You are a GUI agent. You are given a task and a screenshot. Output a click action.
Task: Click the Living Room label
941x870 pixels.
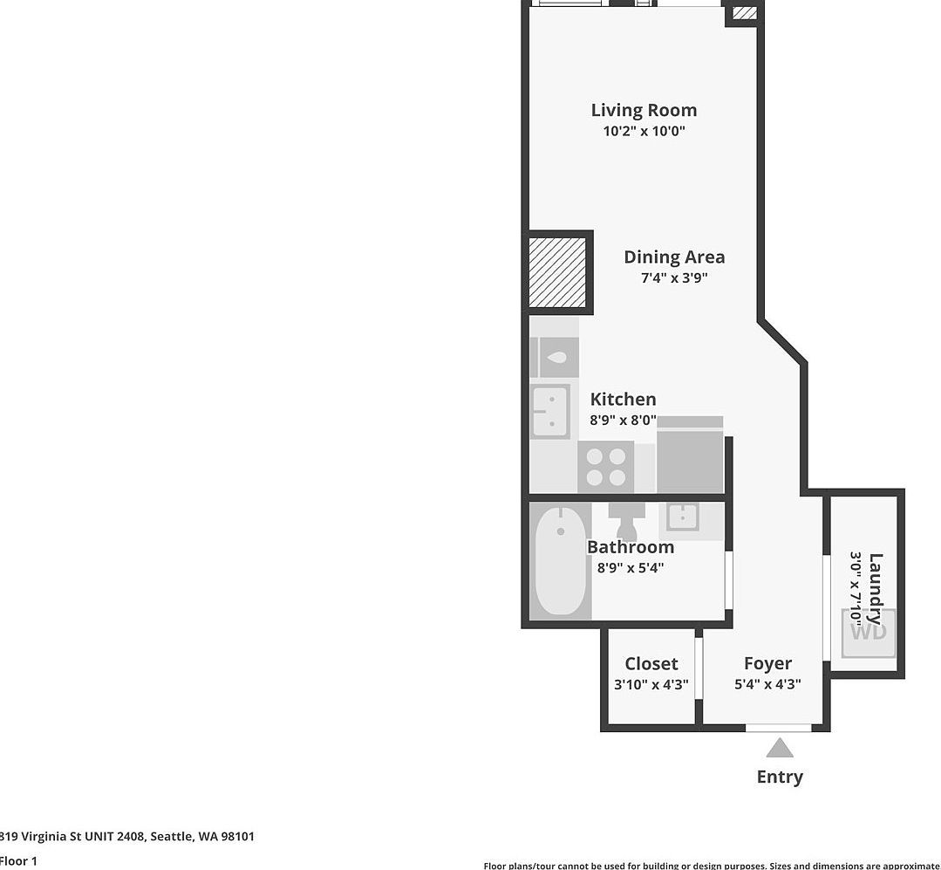coord(644,110)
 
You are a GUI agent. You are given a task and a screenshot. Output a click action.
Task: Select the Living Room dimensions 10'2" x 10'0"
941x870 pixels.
coord(644,132)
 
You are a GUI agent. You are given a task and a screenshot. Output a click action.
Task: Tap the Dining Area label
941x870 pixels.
coord(674,257)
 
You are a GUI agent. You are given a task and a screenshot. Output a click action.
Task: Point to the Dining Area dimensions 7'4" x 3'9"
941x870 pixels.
coord(674,278)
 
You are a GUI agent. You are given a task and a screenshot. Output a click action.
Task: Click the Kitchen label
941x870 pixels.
coord(623,399)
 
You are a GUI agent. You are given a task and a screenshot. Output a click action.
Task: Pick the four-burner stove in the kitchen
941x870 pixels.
coord(605,467)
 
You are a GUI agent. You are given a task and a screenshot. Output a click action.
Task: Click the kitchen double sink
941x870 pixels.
coord(550,412)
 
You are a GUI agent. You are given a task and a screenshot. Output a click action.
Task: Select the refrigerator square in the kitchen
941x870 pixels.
coord(690,459)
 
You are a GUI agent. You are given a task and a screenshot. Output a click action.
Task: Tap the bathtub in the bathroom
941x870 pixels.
coord(560,561)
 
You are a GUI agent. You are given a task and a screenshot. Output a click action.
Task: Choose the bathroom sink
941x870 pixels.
coord(681,517)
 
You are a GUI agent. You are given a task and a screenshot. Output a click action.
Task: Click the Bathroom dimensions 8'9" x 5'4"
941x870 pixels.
coord(631,568)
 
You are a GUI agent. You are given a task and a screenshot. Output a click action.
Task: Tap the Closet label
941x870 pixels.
coord(651,664)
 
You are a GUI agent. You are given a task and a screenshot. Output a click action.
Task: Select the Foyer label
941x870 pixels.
coord(767,663)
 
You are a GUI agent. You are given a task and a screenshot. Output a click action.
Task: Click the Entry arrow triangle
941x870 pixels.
coord(780,749)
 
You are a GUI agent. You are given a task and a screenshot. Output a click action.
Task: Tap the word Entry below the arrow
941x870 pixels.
coord(780,777)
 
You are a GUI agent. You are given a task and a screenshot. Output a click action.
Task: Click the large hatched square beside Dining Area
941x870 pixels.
coord(558,271)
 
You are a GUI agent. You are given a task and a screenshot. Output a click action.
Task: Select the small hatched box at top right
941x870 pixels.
coord(744,13)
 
